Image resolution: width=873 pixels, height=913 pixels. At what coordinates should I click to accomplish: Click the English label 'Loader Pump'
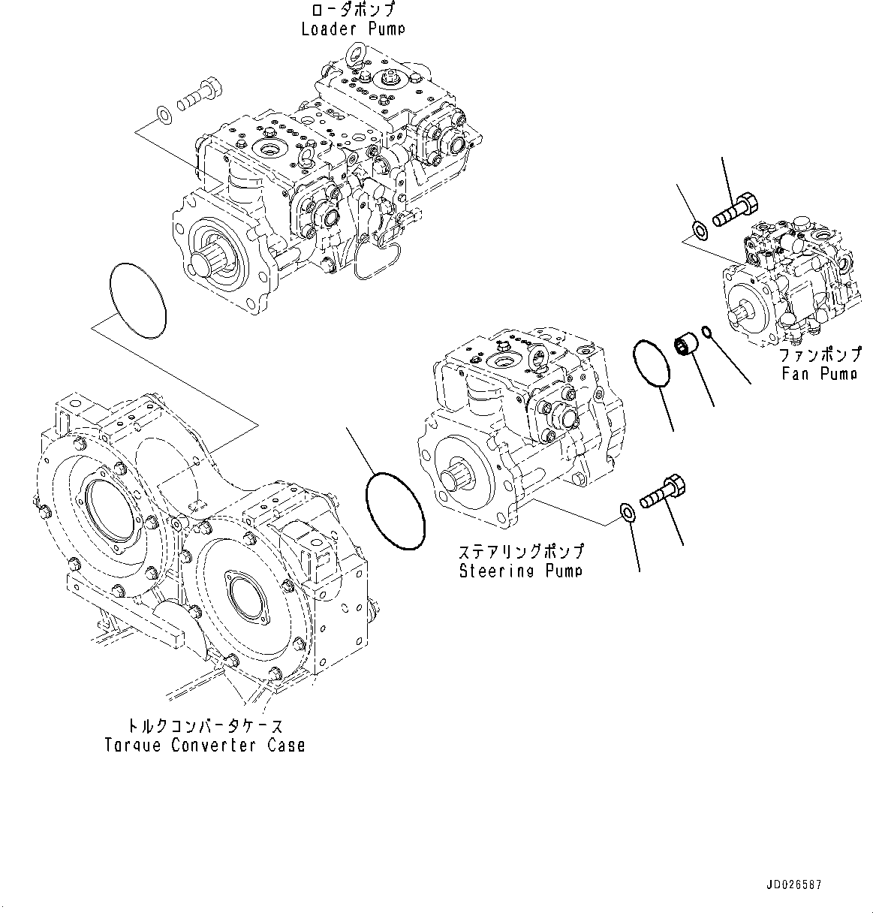pyautogui.click(x=353, y=29)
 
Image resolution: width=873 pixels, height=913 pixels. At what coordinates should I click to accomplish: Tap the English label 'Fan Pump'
pyautogui.click(x=818, y=372)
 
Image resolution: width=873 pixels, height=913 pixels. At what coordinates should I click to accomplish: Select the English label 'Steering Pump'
pyautogui.click(x=521, y=571)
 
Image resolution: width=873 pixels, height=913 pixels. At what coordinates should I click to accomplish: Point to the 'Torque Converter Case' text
pyautogui.click(x=205, y=745)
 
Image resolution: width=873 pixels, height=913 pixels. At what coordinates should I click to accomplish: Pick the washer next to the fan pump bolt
pyautogui.click(x=698, y=228)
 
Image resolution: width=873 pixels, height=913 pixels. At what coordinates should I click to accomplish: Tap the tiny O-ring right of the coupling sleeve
pyautogui.click(x=706, y=331)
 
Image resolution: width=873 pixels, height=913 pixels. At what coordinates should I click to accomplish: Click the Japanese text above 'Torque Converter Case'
pyautogui.click(x=205, y=726)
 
